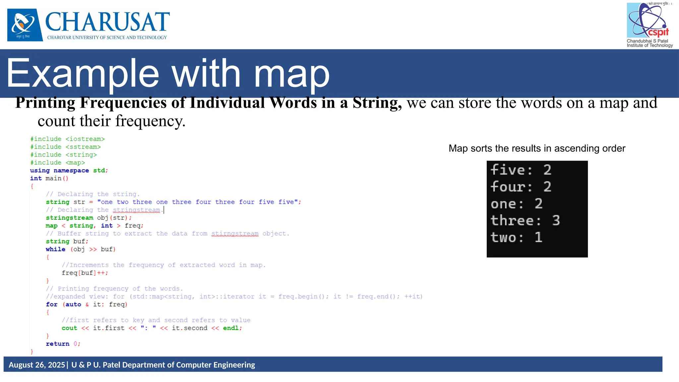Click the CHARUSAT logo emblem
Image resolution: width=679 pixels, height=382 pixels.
(x=25, y=25)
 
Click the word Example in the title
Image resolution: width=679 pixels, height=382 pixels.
(x=83, y=74)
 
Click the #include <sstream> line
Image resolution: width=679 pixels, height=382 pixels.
(x=65, y=147)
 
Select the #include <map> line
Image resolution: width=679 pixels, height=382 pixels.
(x=57, y=163)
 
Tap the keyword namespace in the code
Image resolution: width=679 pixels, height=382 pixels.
(x=71, y=170)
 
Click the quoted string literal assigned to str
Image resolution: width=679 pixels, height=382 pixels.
(x=199, y=202)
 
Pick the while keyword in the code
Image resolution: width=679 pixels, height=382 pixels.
(x=55, y=249)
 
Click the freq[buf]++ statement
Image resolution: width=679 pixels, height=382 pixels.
(x=85, y=273)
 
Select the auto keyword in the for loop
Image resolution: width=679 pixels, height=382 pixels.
(x=73, y=304)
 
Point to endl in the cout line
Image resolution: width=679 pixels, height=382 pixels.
(x=231, y=328)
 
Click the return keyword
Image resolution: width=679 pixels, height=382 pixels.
(x=57, y=344)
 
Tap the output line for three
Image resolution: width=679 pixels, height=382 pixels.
(x=525, y=221)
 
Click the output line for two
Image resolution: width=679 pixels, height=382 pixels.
(x=516, y=237)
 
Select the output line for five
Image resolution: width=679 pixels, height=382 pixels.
(x=521, y=170)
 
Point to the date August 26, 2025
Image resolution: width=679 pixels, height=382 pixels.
(x=37, y=365)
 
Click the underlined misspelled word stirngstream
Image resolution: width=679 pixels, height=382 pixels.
(x=235, y=233)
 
